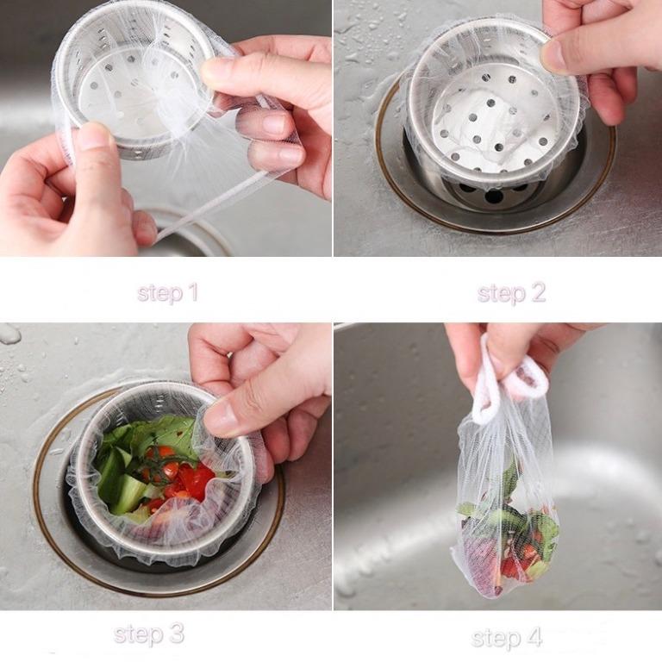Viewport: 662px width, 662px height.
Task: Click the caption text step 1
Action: [x=167, y=292]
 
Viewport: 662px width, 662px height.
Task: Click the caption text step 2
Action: [x=511, y=292]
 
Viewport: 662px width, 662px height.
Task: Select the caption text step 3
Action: [x=148, y=634]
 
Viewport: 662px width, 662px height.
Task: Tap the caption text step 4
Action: [x=506, y=638]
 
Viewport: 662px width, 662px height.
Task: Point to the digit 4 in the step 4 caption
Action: [x=534, y=637]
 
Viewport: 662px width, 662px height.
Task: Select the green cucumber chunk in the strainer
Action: [x=127, y=490]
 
